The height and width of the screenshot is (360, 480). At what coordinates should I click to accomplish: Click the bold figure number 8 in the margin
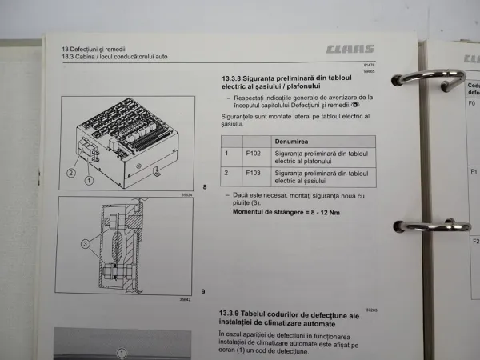tap(205, 188)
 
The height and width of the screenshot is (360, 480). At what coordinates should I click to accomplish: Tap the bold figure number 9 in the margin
tap(204, 291)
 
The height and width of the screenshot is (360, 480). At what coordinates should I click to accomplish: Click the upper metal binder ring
tap(428, 78)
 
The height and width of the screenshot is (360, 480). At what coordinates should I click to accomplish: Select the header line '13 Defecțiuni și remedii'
tap(96, 50)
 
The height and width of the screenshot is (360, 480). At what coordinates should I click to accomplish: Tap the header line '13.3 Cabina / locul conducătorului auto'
tap(116, 58)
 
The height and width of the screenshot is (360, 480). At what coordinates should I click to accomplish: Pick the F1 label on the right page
tap(474, 172)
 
